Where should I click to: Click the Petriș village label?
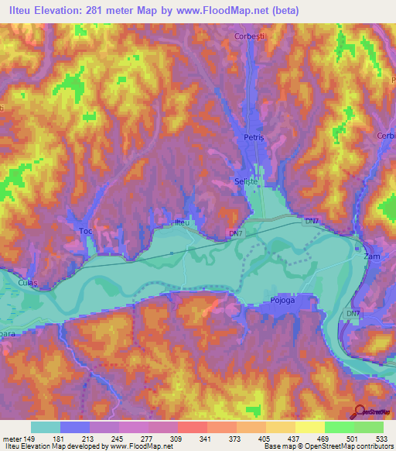(x=254, y=137)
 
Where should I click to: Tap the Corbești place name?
(x=250, y=36)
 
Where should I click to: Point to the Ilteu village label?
(x=181, y=223)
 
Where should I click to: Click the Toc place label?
(x=86, y=232)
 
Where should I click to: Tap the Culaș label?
(x=27, y=284)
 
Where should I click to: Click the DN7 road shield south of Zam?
(x=353, y=313)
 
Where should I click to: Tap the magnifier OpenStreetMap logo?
(x=359, y=412)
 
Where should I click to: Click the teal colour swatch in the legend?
(x=46, y=427)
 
